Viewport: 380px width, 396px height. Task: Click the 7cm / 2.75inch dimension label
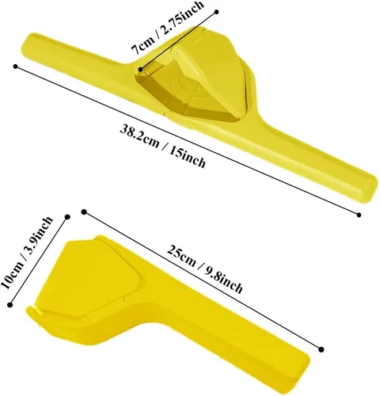[168, 27]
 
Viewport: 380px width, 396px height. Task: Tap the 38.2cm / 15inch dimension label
[163, 146]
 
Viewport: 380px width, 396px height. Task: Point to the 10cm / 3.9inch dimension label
[27, 253]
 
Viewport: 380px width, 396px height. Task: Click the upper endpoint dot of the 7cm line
[217, 12]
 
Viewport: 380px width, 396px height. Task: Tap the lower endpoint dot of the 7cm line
[141, 70]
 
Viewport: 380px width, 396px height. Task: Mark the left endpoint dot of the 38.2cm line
[16, 67]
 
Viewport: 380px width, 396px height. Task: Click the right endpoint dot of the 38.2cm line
[359, 215]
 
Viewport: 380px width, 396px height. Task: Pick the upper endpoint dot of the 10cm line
[67, 217]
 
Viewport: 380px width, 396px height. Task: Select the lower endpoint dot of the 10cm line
[10, 305]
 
